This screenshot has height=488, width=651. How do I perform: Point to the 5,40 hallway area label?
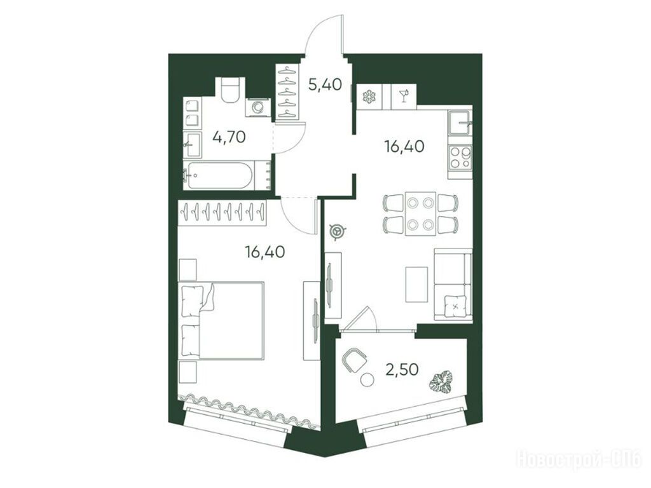tap(325, 85)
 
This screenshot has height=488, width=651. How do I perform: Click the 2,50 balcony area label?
tap(402, 369)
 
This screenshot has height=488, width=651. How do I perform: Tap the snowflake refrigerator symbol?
tap(368, 97)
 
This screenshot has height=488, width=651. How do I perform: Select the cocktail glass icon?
tap(403, 97)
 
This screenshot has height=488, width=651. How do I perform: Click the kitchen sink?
tap(460, 123)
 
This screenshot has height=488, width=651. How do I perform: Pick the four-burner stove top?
tap(460, 158)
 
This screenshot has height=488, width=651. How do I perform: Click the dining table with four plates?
tap(420, 213)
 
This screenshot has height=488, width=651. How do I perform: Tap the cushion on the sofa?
tap(456, 306)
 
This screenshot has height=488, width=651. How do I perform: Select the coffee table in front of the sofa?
tap(416, 284)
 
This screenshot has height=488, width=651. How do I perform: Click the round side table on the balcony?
tap(366, 380)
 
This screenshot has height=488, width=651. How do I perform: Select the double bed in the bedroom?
tap(221, 320)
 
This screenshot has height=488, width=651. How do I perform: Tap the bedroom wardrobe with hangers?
tap(222, 213)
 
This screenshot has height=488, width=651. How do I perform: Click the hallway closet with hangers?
tap(288, 91)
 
